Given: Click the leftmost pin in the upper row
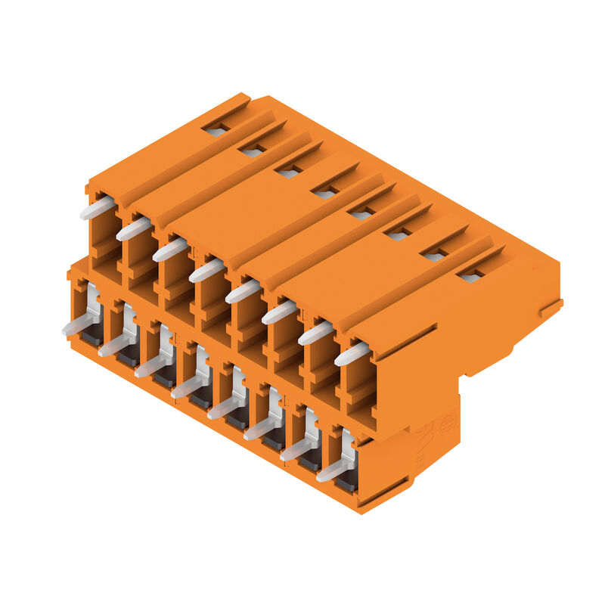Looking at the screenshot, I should [98, 208].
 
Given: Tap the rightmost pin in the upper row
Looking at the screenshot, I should [352, 353].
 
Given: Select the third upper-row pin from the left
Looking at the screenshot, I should [170, 250].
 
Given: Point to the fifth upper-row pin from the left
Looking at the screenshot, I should [243, 291].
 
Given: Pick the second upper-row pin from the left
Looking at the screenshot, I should [134, 228].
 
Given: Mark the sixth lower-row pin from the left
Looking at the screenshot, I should [260, 429].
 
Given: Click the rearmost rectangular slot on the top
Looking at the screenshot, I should [216, 131].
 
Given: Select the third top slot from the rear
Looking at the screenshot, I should [289, 172].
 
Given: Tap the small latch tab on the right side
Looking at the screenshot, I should [551, 309].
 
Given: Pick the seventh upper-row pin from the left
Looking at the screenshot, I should [315, 333].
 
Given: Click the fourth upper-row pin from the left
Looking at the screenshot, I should [206, 270].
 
